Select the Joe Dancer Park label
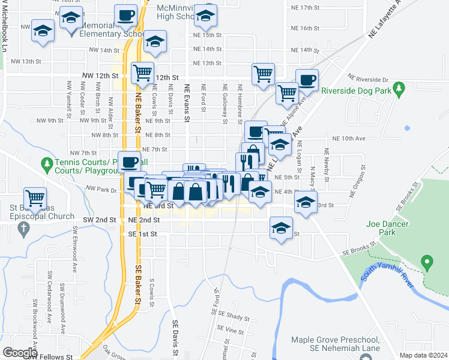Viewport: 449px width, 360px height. click(387, 229)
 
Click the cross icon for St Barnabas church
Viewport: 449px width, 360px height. click(23, 228)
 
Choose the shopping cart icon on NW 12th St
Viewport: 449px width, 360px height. click(142, 73)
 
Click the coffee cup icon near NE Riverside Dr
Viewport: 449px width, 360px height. click(307, 79)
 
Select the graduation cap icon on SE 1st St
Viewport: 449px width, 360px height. click(281, 228)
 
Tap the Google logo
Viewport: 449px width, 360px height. click(20, 352)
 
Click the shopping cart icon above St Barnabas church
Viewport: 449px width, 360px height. click(35, 197)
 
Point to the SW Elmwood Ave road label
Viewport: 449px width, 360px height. click(76, 245)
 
